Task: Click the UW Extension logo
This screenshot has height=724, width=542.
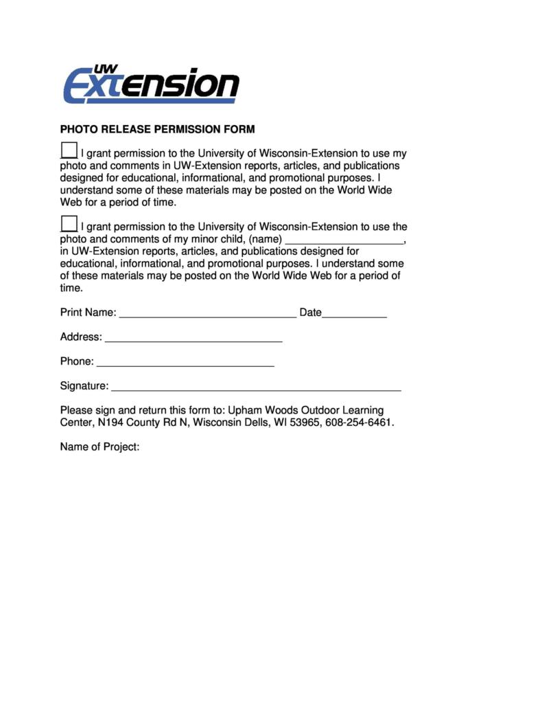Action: point(151,85)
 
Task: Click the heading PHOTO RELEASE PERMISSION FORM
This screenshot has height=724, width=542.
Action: point(157,129)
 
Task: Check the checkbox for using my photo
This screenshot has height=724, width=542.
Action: point(69,150)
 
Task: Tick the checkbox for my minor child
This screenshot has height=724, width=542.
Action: point(69,223)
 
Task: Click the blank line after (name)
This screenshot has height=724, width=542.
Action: point(344,240)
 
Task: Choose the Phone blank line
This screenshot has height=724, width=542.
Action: point(185,363)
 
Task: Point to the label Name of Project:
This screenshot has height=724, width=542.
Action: point(100,447)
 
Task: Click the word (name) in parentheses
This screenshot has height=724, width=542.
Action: point(266,239)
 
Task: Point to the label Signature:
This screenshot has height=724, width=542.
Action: point(84,387)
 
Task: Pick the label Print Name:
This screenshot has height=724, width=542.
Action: point(89,313)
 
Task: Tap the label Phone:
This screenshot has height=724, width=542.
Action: point(77,362)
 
